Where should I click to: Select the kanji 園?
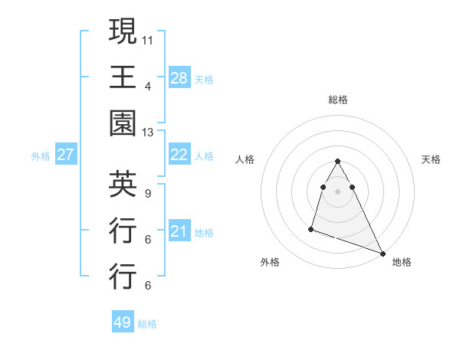123,123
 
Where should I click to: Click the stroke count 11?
148,38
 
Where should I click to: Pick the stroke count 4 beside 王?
148,85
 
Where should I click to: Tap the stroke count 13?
148,132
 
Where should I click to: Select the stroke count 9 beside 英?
148,194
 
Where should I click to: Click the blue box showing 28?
179,77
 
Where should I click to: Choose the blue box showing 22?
179,155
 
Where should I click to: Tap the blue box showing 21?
179,231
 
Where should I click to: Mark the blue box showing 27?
65,155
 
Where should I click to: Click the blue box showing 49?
123,322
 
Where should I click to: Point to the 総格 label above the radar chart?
337,100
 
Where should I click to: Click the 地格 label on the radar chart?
402,262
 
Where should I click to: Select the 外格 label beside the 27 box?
41,156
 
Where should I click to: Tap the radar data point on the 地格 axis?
383,253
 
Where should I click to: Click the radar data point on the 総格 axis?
337,161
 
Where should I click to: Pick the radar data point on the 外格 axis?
311,228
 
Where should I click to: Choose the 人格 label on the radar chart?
245,159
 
